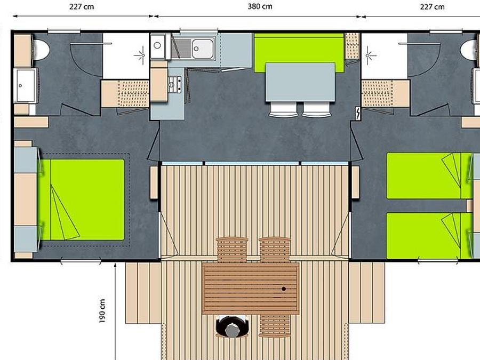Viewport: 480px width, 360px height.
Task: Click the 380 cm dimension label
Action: (x=260, y=6)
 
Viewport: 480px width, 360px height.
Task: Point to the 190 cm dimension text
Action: (x=102, y=311)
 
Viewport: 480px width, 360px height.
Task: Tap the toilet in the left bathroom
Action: (x=41, y=50)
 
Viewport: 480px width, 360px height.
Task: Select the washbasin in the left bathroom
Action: (x=25, y=85)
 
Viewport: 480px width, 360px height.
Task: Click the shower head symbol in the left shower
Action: (x=142, y=55)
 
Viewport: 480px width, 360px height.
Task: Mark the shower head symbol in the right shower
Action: (x=369, y=55)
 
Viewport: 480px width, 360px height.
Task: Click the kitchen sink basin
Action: (x=202, y=49)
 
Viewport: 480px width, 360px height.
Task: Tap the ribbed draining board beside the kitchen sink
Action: (x=181, y=49)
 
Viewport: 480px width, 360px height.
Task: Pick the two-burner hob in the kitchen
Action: (x=175, y=84)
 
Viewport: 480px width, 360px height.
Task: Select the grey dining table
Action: (x=300, y=82)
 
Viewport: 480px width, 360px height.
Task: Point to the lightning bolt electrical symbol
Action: (x=357, y=113)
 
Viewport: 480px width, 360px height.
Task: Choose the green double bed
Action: (x=81, y=199)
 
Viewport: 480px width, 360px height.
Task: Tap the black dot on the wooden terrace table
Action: (x=284, y=289)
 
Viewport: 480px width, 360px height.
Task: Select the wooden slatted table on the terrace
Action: (x=251, y=289)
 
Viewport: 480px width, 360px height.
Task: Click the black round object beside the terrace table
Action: (x=232, y=326)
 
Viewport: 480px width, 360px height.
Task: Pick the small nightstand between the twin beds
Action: (x=469, y=206)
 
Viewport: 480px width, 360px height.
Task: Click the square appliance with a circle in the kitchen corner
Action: (x=158, y=46)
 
